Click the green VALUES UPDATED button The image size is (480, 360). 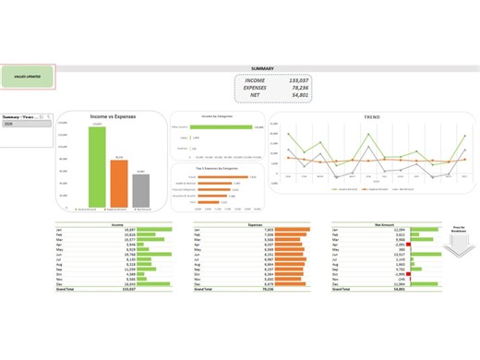pyautogui.click(x=28, y=77)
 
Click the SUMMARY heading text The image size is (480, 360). pyautogui.click(x=262, y=68)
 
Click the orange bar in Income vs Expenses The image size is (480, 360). pyautogui.click(x=118, y=184)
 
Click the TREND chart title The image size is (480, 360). pyautogui.click(x=371, y=118)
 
